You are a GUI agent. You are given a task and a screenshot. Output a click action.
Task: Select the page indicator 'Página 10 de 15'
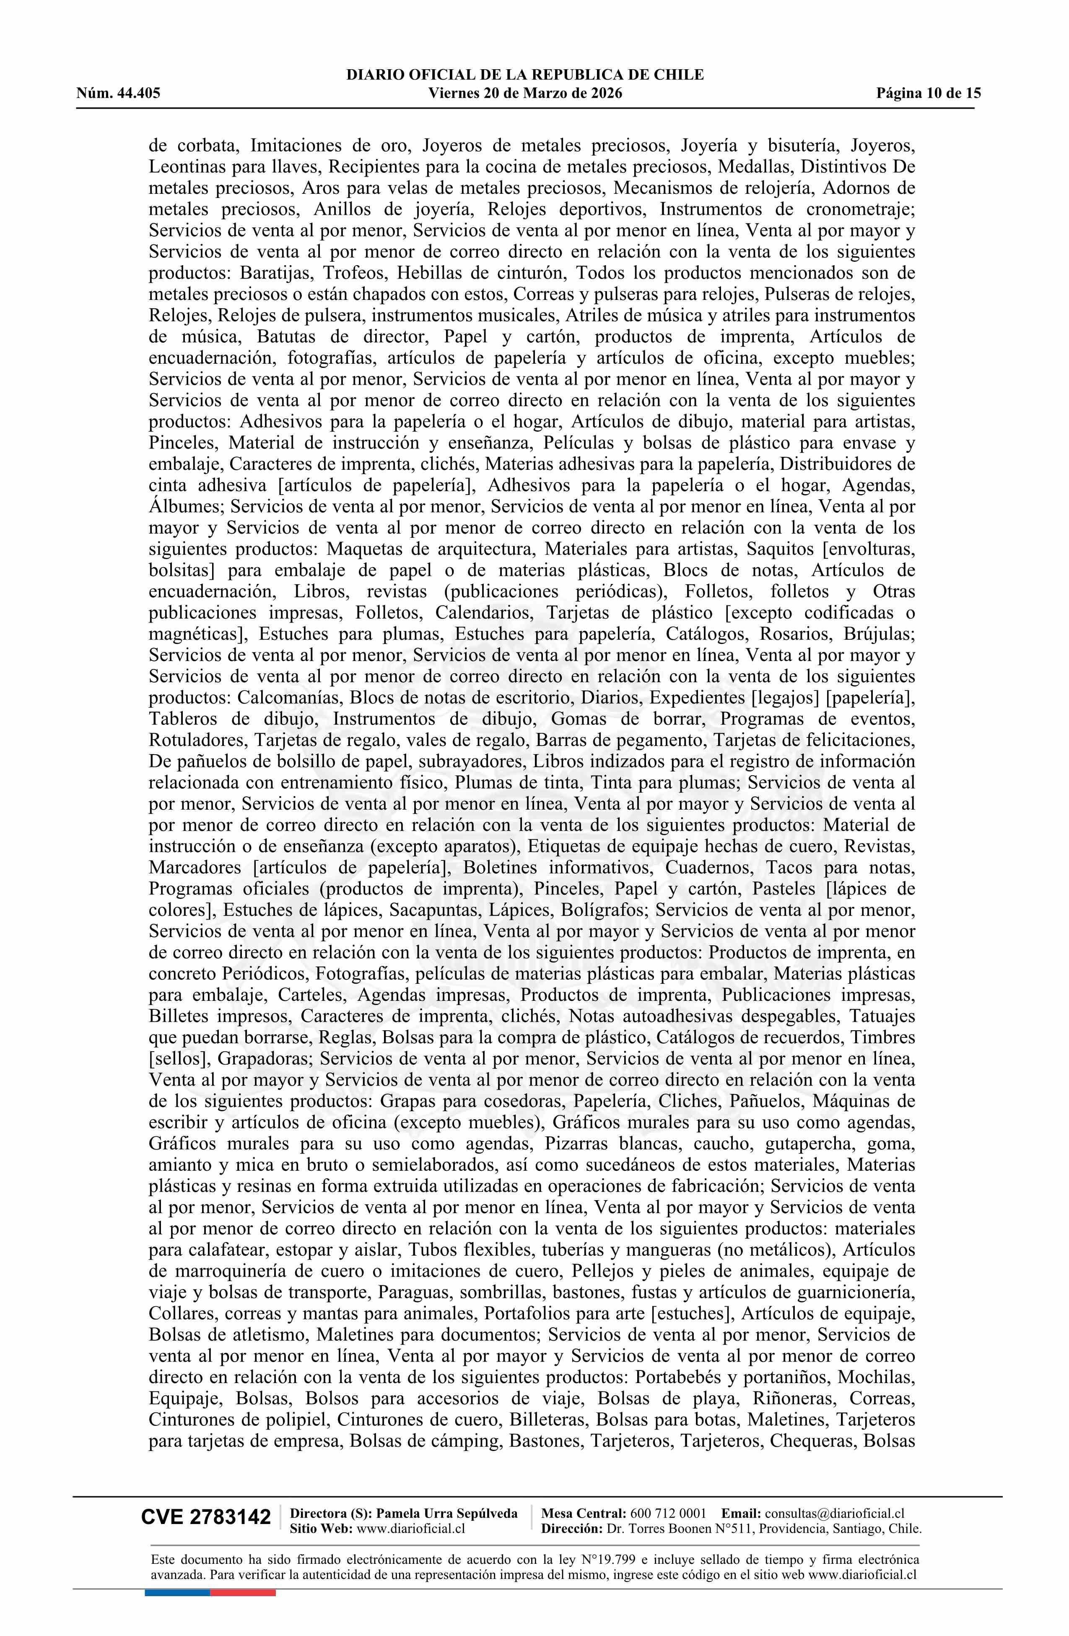pos(928,94)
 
